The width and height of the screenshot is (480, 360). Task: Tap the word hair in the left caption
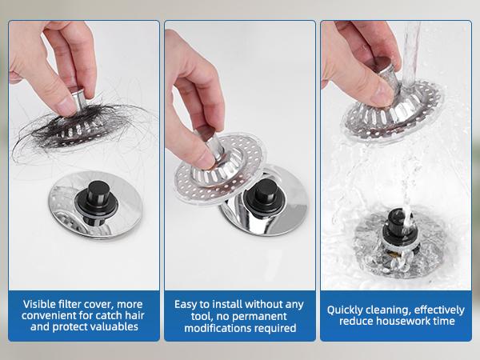pyautogui.click(x=134, y=315)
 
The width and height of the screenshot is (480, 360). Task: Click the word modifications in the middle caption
pyautogui.click(x=216, y=328)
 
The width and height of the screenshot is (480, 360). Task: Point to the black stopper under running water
pyautogui.click(x=398, y=225)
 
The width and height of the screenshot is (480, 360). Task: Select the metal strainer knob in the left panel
pyautogui.click(x=77, y=98)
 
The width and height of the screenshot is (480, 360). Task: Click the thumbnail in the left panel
pyautogui.click(x=66, y=106)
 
